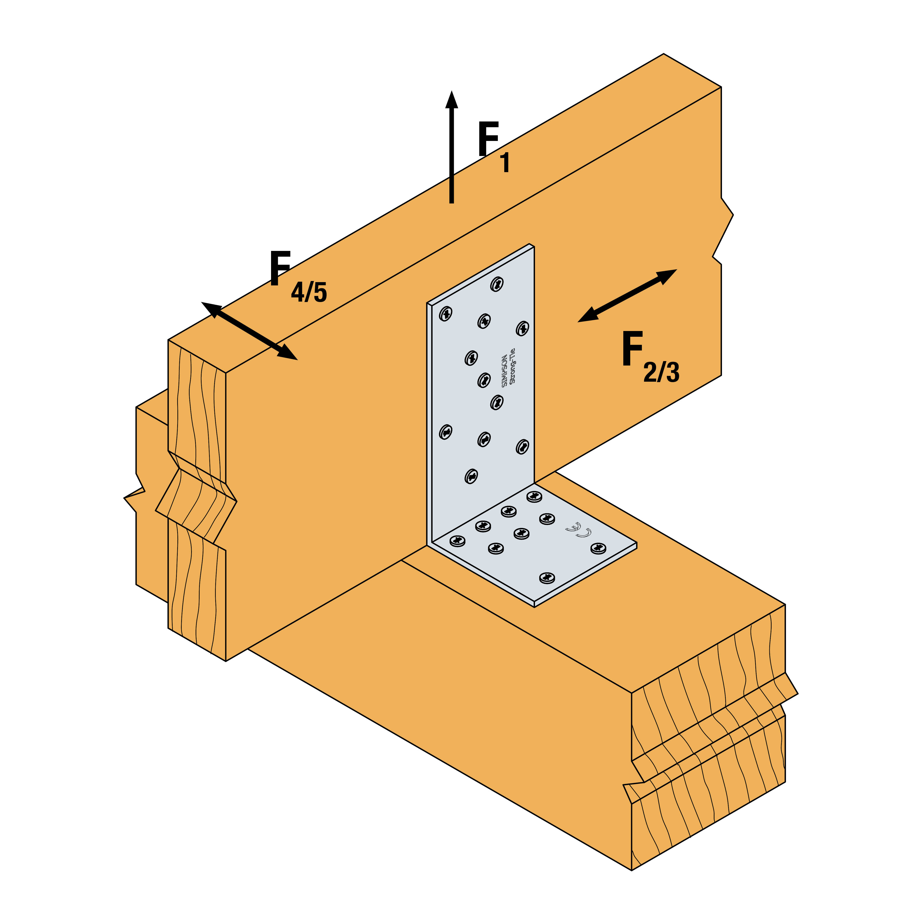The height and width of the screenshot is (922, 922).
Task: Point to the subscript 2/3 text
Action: tap(661, 372)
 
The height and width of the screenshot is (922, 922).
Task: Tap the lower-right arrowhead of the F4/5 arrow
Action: tap(288, 353)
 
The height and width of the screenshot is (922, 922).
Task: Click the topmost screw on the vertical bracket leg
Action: tap(497, 284)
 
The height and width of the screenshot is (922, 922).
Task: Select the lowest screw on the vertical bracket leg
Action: tap(471, 476)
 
